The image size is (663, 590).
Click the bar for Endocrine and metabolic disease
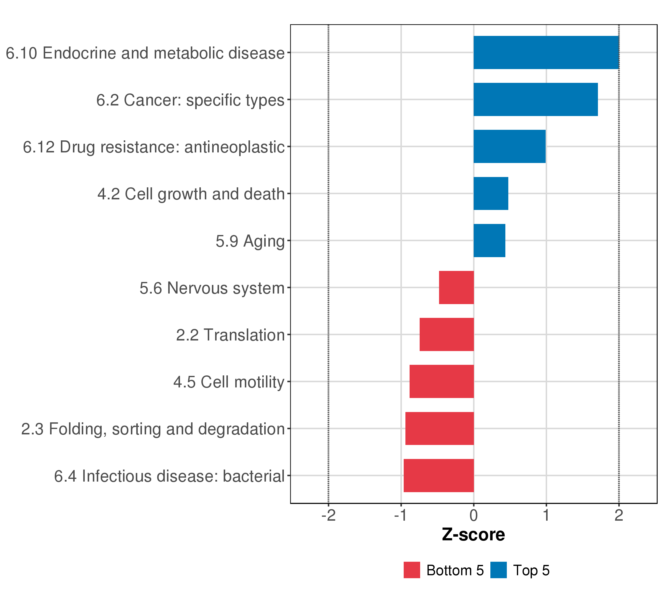pos(546,52)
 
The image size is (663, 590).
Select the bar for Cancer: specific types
pos(535,99)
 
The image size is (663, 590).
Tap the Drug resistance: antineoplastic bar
pos(509,147)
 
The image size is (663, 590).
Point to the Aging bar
pos(489,241)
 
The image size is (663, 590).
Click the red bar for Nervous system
pos(456,287)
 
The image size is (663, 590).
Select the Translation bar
pos(447,334)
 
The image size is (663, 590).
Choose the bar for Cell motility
pos(442,382)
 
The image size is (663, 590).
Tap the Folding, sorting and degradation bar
pos(440,429)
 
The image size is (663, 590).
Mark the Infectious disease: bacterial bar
pos(439,475)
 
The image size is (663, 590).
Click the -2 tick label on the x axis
pos(328,515)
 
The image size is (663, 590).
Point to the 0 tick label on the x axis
pos(474,515)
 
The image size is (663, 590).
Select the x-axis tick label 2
pos(619,515)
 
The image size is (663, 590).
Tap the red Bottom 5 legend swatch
pos(412,570)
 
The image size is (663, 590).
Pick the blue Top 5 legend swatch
pos(498,570)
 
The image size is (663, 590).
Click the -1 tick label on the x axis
pos(401,515)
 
